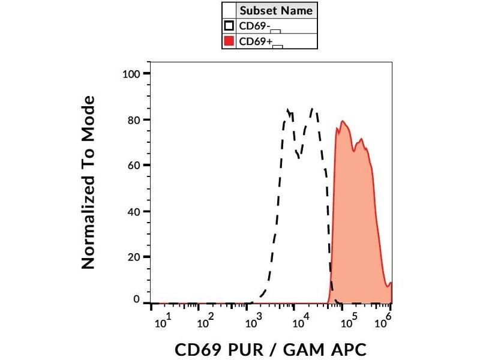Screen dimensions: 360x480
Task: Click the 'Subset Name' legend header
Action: coord(276,11)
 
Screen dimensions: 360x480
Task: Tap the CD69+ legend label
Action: coord(250,41)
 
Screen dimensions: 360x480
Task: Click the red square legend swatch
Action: coord(229,41)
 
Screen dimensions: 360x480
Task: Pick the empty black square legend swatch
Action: coord(229,26)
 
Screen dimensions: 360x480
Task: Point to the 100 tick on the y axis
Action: coord(131,74)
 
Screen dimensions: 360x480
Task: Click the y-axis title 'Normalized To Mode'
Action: coord(88,182)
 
